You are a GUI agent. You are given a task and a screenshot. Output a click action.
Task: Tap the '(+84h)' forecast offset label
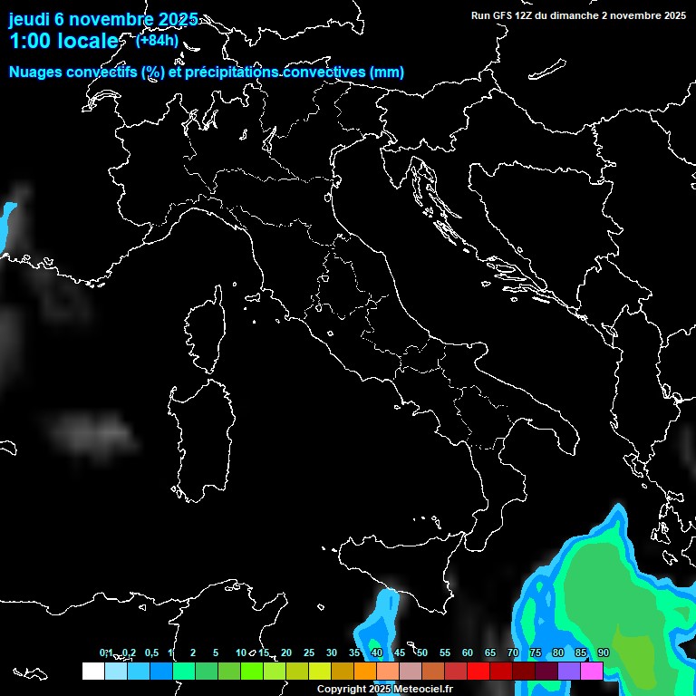point(157,40)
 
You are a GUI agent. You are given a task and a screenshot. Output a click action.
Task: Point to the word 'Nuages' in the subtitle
point(35,72)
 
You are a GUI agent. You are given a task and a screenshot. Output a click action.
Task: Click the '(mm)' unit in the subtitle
point(385,72)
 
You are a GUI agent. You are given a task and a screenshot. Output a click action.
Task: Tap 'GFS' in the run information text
point(507,15)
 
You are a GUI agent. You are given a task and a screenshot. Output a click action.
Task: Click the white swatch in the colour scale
point(92,672)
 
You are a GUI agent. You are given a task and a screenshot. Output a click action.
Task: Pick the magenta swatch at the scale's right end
point(592,672)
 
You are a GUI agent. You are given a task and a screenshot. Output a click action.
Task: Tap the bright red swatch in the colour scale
point(478,672)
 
